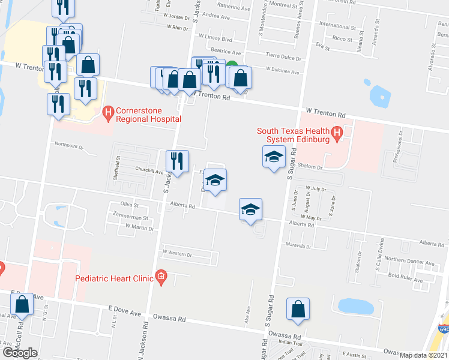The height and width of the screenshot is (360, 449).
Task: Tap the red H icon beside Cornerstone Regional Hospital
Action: [x=108, y=112]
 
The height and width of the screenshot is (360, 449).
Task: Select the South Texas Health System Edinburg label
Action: [x=293, y=136]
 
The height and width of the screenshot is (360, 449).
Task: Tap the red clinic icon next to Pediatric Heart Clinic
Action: [x=160, y=276]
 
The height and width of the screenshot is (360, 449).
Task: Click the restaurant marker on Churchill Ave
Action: [x=177, y=161]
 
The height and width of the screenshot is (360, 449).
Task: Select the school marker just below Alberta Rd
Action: [x=250, y=209]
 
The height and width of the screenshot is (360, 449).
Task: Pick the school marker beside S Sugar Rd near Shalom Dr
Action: [x=274, y=157]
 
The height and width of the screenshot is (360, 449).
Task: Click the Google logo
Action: [x=20, y=352]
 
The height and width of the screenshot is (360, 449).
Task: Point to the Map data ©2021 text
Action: [x=424, y=355]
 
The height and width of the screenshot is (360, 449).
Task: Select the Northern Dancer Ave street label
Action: [x=409, y=262]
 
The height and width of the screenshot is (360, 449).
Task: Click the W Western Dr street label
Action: [x=177, y=254]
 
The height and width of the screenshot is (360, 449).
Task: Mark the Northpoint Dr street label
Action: [x=67, y=144]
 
